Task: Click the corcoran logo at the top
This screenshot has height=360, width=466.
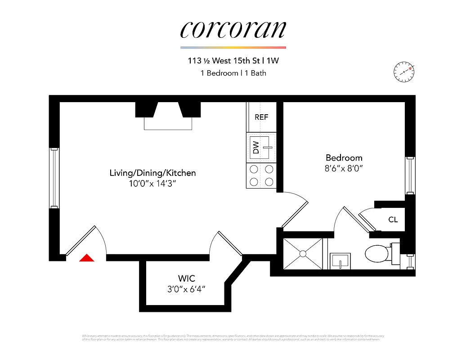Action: point(233,29)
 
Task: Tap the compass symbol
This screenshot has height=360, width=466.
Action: point(403,71)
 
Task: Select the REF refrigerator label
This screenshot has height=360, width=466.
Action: point(261,117)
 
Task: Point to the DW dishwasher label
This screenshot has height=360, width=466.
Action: point(256,148)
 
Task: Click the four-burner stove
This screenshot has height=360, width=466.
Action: point(261,175)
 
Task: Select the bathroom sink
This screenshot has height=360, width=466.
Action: point(341,260)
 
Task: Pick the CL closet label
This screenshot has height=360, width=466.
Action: point(393,220)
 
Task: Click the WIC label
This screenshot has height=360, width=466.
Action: point(187,279)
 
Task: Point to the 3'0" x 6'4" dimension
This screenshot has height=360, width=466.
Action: point(186,289)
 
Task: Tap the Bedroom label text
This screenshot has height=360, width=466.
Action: point(344,158)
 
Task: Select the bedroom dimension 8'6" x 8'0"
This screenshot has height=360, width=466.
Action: point(344,169)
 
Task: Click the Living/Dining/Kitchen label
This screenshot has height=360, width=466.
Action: point(152,173)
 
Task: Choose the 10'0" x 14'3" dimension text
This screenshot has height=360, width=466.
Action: point(152,184)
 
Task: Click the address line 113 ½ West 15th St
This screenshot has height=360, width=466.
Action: point(233,61)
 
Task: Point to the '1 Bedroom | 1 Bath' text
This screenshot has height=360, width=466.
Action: point(233,73)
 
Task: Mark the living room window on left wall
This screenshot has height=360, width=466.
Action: point(54,178)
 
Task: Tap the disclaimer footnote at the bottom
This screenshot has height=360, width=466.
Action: point(233,337)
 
